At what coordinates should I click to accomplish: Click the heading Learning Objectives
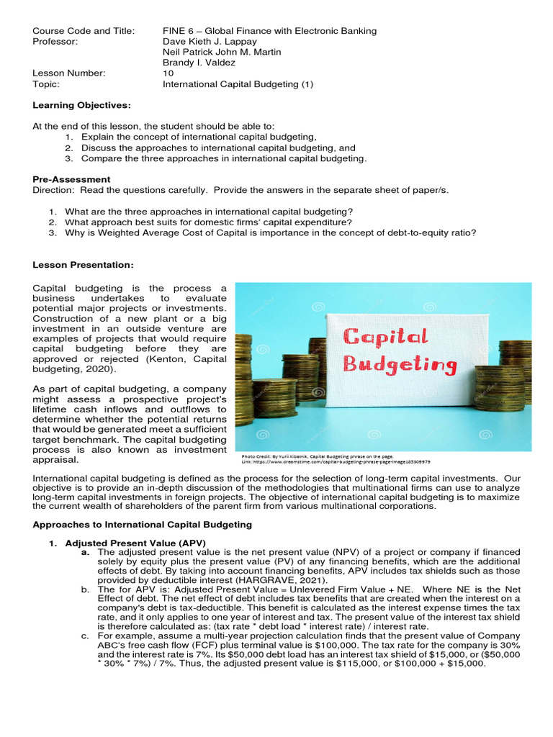81,106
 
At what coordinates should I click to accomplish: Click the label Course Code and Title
83,30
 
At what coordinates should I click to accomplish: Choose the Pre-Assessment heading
71,179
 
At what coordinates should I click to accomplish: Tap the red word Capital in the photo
385,336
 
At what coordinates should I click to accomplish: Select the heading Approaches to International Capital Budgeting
142,524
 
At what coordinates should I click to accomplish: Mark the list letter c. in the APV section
85,636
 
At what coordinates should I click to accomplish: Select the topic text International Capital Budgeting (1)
238,83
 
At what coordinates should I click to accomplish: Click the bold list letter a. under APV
85,551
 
